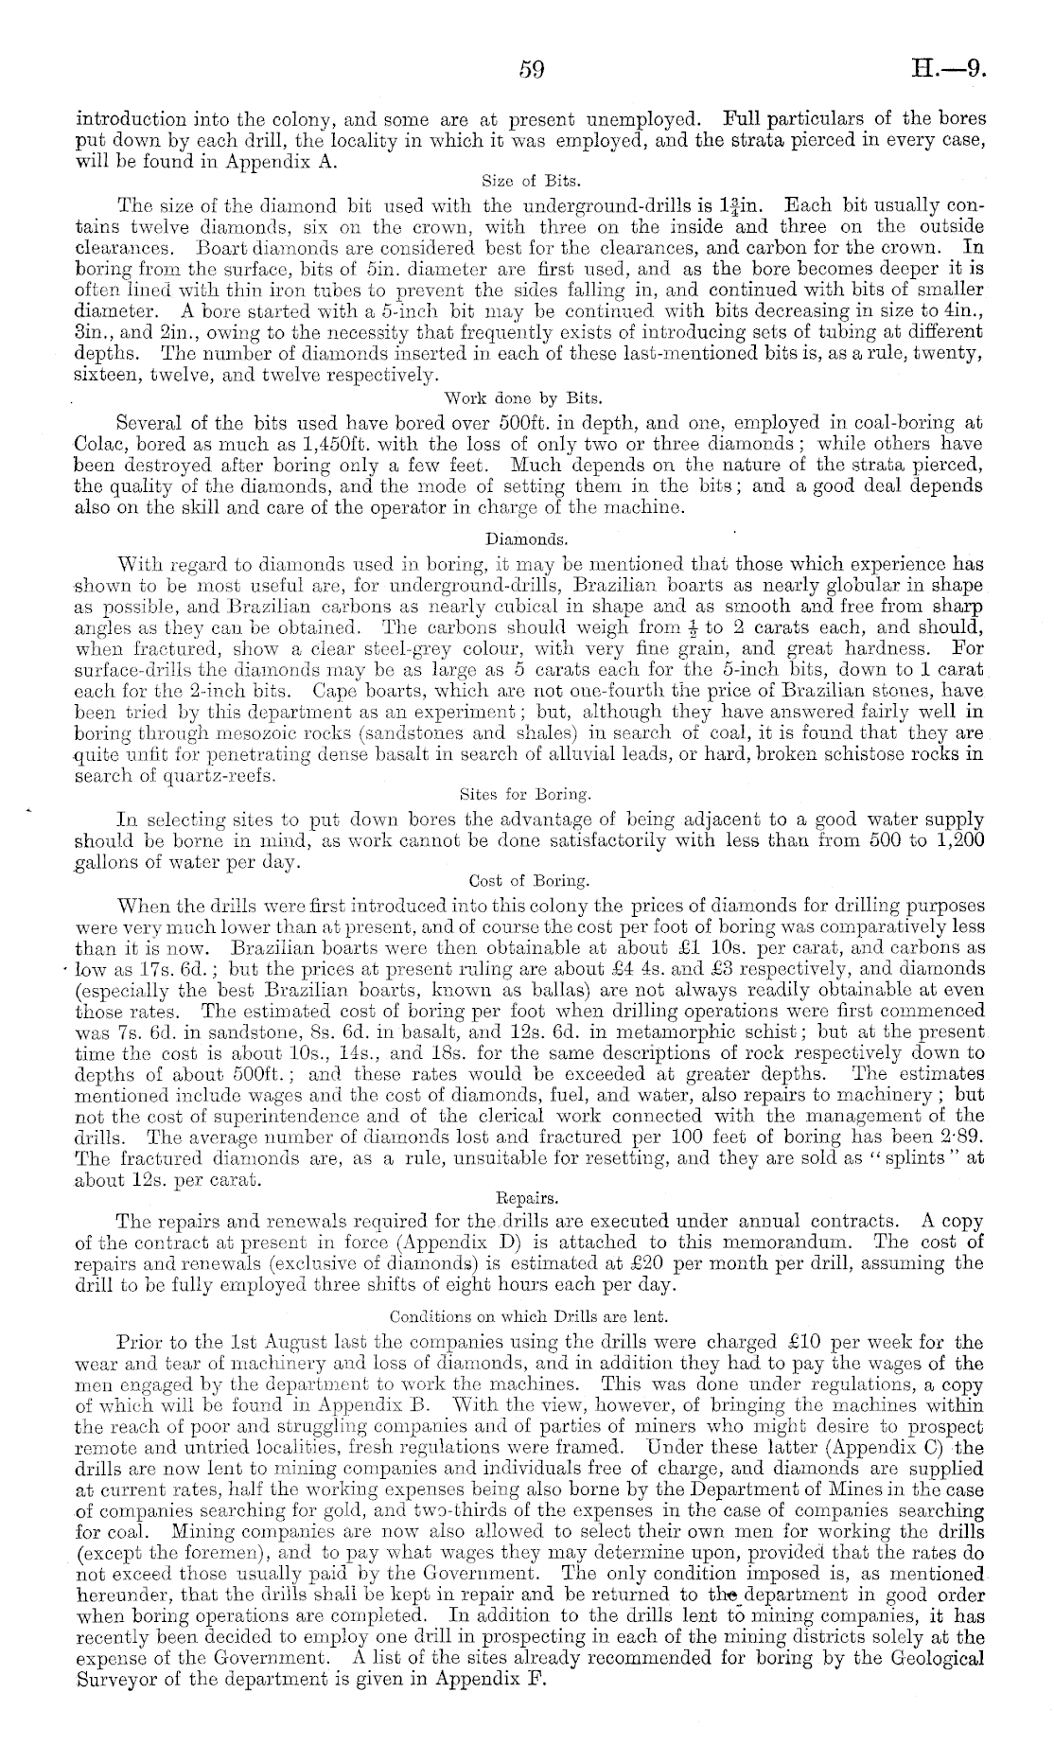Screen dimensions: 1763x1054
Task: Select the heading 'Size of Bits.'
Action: coord(526,180)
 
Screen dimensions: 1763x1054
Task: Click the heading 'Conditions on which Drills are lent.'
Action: coord(527,1315)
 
